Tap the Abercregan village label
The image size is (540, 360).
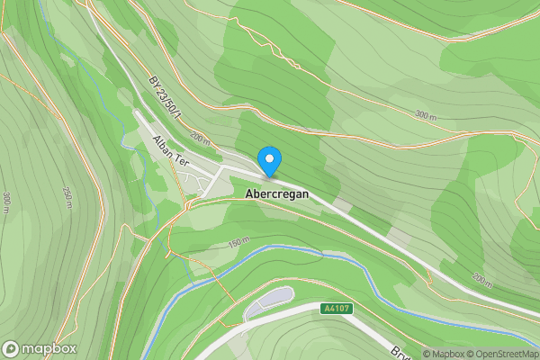click(283, 193)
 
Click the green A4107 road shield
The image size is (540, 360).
click(336, 309)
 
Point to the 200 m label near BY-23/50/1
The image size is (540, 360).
click(200, 138)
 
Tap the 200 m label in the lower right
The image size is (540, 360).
click(482, 278)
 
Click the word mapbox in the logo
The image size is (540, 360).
click(49, 348)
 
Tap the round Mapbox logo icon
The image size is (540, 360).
click(12, 348)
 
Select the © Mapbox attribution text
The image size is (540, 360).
click(445, 354)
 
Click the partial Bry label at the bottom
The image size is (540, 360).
click(400, 351)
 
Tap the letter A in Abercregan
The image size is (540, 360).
click(248, 193)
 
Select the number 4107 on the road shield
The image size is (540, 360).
click(338, 309)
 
